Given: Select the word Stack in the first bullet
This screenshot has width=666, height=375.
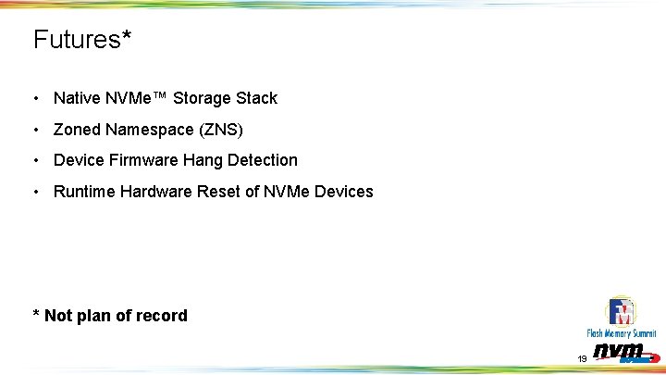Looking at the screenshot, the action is click(257, 98).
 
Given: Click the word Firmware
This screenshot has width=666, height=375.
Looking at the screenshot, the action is click(142, 160).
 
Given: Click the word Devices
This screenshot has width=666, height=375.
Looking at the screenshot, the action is click(343, 192).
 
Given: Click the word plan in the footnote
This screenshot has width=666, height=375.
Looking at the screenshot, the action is click(93, 316).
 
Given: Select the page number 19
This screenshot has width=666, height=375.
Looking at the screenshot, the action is click(582, 358).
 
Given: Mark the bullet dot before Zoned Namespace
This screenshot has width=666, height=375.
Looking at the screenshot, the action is click(34, 130).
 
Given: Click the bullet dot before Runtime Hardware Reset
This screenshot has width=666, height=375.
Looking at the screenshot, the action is click(34, 193).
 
